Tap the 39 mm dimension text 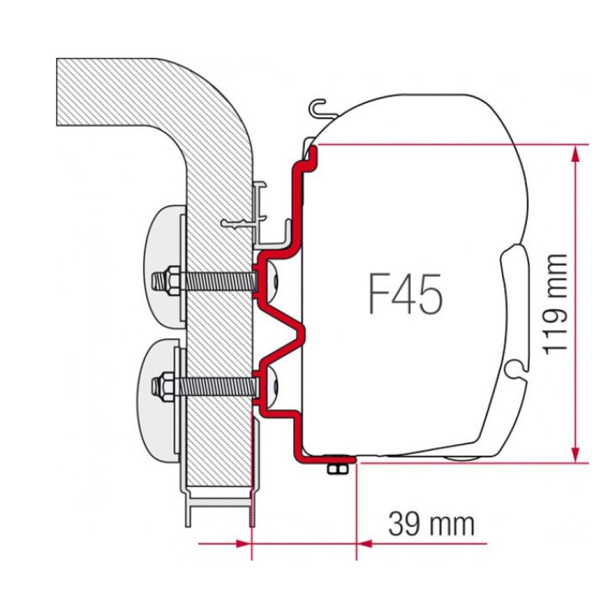(432, 525)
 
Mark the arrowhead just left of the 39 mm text (363, 543)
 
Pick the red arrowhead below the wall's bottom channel (245, 543)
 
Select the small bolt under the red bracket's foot (336, 469)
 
